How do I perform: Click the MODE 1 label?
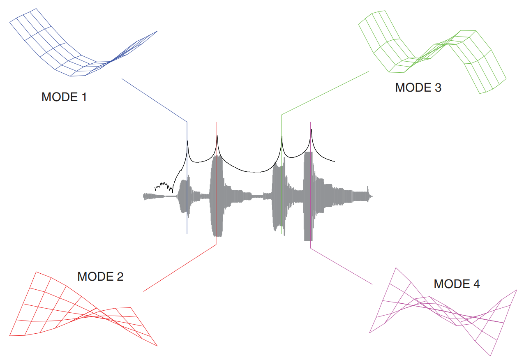pos(64,97)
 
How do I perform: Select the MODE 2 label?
pos(100,277)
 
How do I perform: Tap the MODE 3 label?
pos(418,88)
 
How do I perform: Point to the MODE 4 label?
pos(457,284)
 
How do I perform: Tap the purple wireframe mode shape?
pos(444,312)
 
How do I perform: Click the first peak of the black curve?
pos(188,142)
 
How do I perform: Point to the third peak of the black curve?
pos(282,136)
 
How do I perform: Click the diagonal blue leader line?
pos(154,100)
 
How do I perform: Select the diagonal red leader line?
pos(180,268)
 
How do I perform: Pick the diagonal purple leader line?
pos(341,266)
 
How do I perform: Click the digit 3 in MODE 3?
pos(438,88)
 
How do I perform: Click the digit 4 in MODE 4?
pos(477,284)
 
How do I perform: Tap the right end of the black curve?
pos(334,162)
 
